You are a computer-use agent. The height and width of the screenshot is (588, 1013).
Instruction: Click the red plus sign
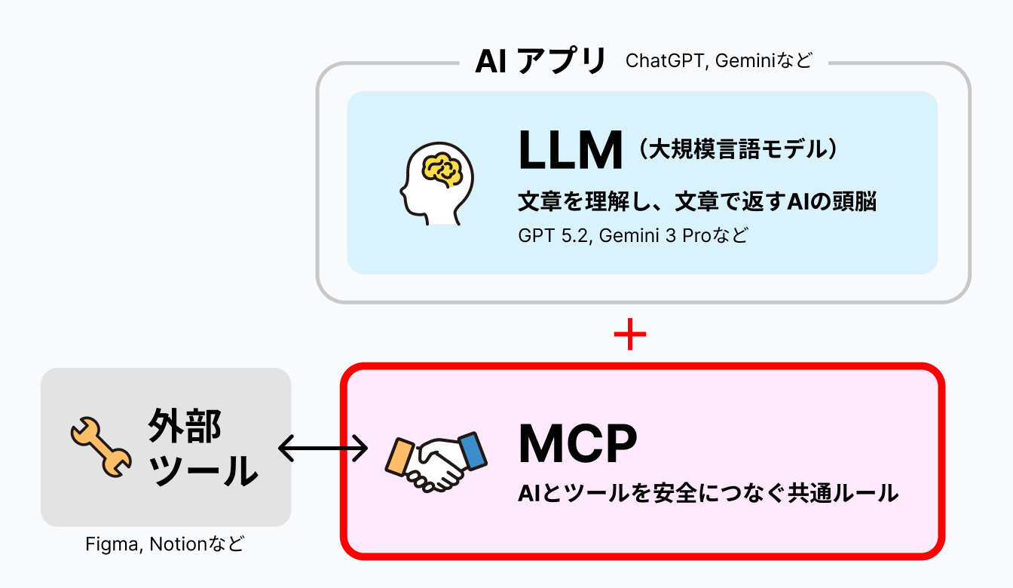pyautogui.click(x=630, y=337)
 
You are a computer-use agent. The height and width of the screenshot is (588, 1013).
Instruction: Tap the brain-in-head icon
pyautogui.click(x=436, y=182)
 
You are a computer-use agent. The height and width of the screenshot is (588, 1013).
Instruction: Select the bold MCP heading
pyautogui.click(x=577, y=445)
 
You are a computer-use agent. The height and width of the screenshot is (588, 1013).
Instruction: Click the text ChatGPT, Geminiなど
pyautogui.click(x=719, y=61)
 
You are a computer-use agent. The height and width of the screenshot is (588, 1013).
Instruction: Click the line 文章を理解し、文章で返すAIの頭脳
pyautogui.click(x=697, y=201)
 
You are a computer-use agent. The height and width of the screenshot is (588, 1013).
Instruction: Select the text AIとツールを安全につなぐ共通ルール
pyautogui.click(x=708, y=494)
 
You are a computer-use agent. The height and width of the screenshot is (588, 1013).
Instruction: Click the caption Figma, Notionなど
pyautogui.click(x=165, y=544)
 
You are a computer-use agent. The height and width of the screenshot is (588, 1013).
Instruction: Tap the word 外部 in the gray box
pyautogui.click(x=185, y=427)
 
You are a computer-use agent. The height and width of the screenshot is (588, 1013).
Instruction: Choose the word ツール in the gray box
pyautogui.click(x=203, y=471)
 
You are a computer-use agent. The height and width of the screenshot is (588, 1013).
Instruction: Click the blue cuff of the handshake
pyautogui.click(x=473, y=450)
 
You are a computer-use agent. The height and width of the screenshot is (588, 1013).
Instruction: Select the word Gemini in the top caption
pyautogui.click(x=748, y=61)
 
